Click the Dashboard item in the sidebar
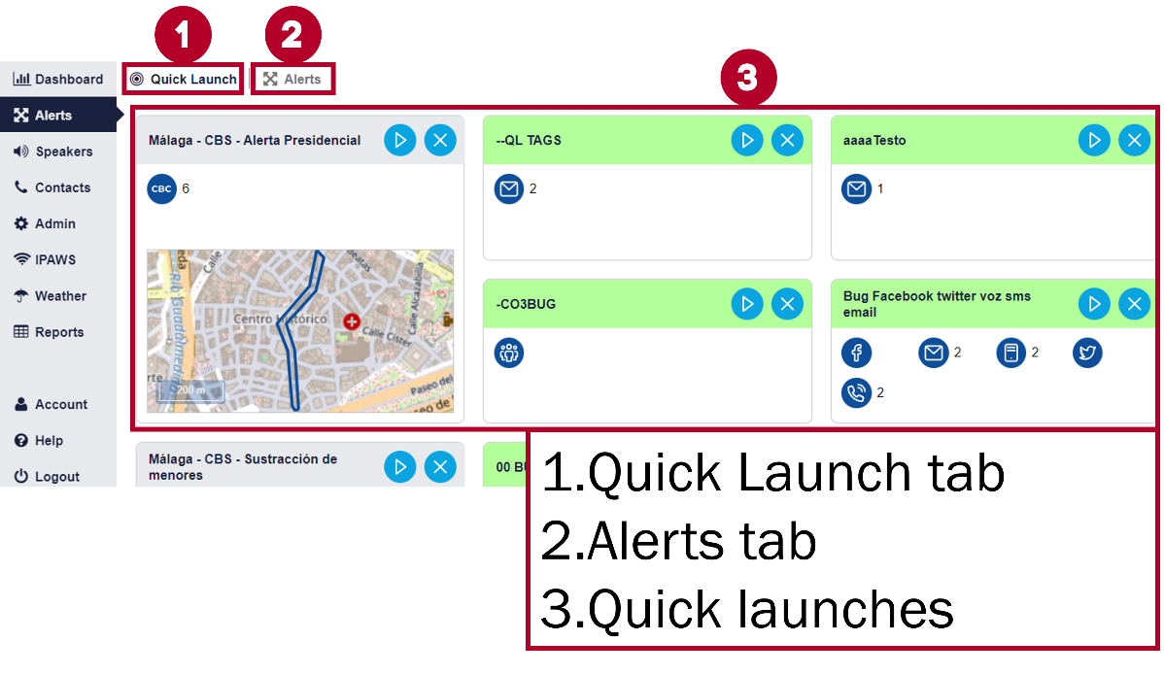click(58, 79)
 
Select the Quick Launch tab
click(184, 79)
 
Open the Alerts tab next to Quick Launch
click(292, 79)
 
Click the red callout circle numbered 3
click(747, 79)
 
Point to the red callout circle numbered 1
click(183, 36)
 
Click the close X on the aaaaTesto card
click(1134, 140)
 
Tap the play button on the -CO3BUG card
click(747, 304)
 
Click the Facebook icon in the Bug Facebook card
click(856, 353)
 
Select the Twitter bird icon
click(1088, 353)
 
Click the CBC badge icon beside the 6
click(161, 188)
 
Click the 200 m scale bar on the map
click(190, 389)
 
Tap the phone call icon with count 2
click(856, 393)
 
